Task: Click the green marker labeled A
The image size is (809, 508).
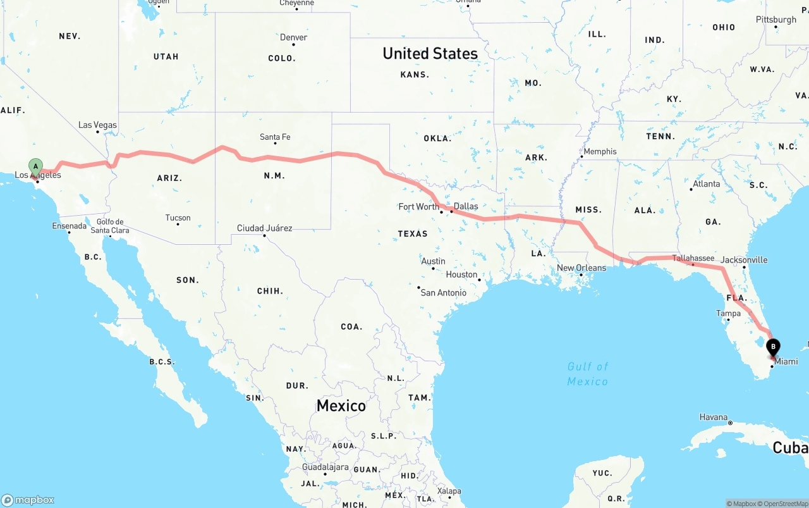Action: click(36, 167)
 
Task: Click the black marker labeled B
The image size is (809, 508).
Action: click(773, 347)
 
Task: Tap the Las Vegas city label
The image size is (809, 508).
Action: click(97, 125)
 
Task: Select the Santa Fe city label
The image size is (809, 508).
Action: click(275, 137)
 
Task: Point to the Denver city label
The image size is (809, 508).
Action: click(293, 38)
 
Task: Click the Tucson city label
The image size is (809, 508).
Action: click(178, 218)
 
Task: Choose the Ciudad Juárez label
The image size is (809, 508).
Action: click(264, 228)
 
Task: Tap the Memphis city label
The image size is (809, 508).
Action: click(600, 152)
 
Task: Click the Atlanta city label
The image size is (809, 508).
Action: click(706, 184)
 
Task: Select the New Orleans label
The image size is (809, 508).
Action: click(581, 268)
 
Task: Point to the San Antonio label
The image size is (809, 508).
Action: click(443, 293)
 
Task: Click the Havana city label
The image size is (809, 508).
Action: click(714, 418)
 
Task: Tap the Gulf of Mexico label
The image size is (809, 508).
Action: click(588, 374)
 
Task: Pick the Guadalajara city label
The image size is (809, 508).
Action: click(325, 468)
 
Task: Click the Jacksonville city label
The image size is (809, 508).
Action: click(744, 260)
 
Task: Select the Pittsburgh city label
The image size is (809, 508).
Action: click(776, 20)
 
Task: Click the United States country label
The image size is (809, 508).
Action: click(430, 54)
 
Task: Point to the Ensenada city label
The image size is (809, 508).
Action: click(70, 226)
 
